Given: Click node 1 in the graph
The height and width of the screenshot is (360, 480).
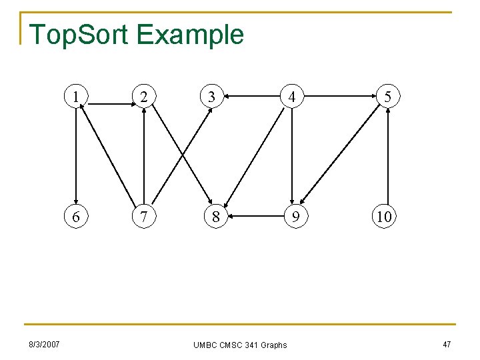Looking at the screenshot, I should [78, 97].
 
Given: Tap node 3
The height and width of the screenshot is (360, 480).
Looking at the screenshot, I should [211, 97].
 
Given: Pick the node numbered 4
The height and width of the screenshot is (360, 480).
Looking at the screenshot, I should [292, 97].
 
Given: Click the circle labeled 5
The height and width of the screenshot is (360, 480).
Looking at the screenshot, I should [386, 97].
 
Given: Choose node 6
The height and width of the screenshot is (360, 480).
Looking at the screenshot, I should [78, 217].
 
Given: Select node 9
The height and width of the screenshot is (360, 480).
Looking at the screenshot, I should [292, 217].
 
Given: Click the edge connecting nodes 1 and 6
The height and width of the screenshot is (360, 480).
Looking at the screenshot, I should [78, 157].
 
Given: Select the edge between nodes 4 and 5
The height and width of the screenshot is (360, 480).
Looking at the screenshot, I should [339, 97].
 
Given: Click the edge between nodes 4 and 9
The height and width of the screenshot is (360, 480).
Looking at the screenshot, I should [292, 157].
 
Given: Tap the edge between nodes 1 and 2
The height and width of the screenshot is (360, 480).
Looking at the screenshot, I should [111, 97].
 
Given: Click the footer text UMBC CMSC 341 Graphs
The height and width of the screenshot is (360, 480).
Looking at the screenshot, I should [240, 345].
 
